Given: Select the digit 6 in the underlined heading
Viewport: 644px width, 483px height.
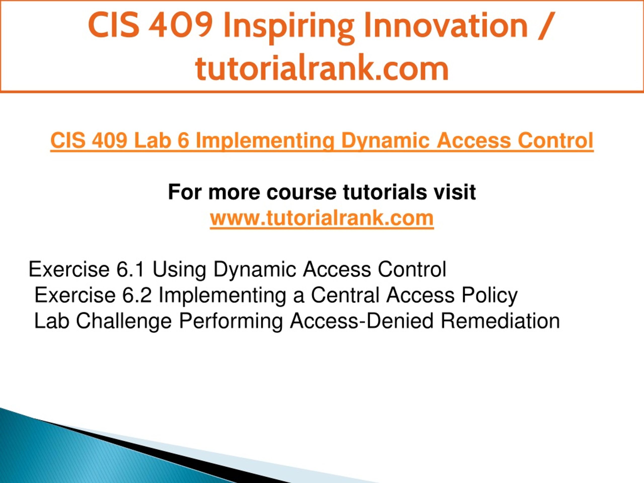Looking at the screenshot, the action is [184, 140].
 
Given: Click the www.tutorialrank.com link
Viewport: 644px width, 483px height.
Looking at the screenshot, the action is [322, 218].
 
